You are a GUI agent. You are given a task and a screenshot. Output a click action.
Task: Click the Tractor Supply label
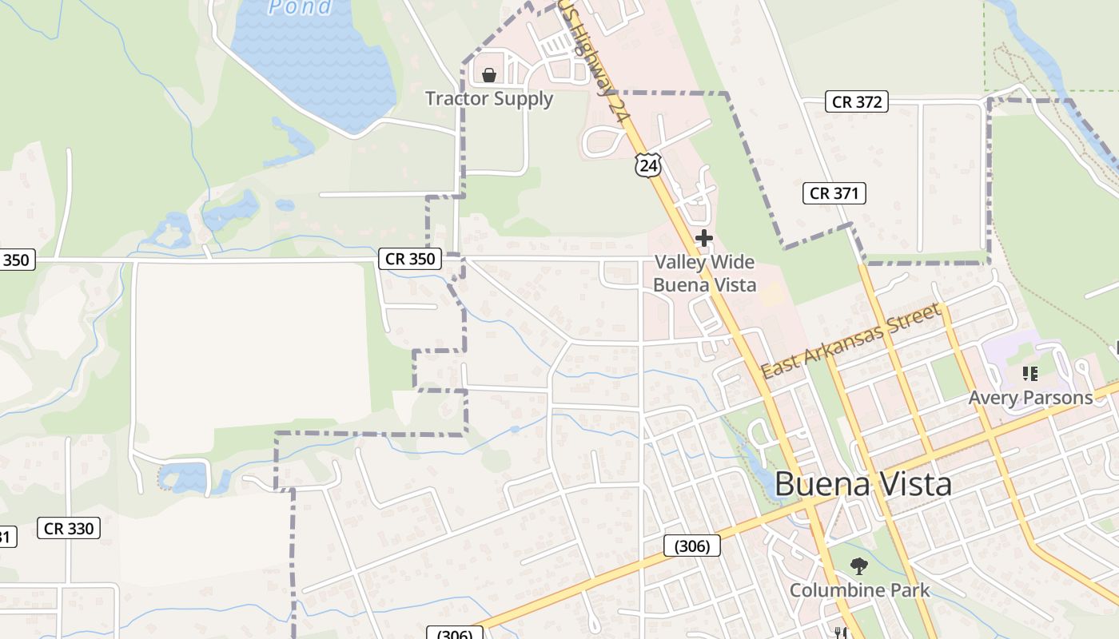(489, 99)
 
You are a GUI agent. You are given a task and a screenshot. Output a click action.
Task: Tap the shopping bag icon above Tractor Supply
(489, 75)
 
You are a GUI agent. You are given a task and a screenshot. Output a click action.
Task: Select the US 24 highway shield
(648, 165)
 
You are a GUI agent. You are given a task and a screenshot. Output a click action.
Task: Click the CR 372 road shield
(857, 102)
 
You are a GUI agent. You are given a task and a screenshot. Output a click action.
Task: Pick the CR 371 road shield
(834, 193)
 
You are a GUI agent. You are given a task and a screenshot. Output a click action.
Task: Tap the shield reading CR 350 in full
(410, 259)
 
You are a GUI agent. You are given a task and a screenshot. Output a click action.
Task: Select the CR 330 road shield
(69, 529)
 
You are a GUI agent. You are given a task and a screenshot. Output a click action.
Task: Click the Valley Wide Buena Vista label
(704, 273)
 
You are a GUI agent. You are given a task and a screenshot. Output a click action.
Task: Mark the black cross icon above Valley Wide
(704, 238)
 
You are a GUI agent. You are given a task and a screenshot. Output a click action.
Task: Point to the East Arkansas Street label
(852, 341)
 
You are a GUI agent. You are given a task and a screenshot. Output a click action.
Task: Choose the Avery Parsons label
(1030, 398)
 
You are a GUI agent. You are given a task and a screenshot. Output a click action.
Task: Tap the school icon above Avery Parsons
(1030, 374)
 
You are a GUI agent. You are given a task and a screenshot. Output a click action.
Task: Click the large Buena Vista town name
(863, 485)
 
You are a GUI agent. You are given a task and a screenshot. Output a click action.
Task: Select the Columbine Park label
(860, 591)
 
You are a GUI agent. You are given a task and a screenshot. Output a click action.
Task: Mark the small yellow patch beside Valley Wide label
(773, 295)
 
